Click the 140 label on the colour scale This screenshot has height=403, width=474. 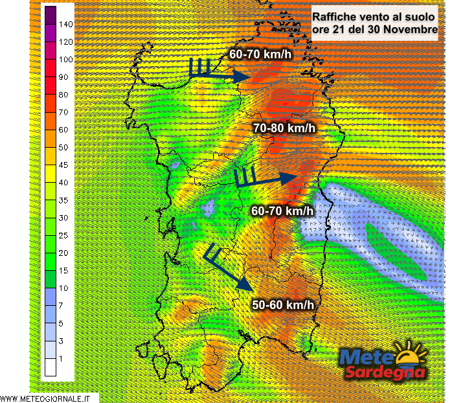pyautogui.click(x=65, y=24)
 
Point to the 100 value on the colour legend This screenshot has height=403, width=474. pyautogui.click(x=65, y=60)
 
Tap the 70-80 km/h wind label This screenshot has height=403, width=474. pyautogui.click(x=284, y=128)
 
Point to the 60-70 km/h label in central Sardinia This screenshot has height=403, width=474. pyautogui.click(x=282, y=211)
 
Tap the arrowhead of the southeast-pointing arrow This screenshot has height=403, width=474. pyautogui.click(x=244, y=284)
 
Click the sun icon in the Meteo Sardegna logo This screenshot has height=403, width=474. pyautogui.click(x=410, y=356)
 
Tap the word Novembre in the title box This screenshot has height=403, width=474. pyautogui.click(x=408, y=30)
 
